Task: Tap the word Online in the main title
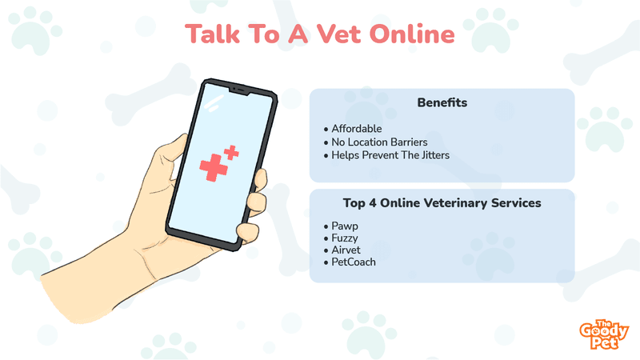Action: coord(412,34)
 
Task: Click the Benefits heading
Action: coord(442,102)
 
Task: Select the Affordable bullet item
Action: coord(356,129)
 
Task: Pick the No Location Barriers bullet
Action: coord(379,142)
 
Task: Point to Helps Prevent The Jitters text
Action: coord(390,155)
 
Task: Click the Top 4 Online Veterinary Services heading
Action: coord(442,203)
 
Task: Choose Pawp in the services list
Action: coord(345,226)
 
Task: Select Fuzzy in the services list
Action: coord(345,238)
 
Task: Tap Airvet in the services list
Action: coord(346,250)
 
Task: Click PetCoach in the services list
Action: coord(354,262)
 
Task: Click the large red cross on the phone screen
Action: coord(213,167)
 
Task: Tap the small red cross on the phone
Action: coord(231,152)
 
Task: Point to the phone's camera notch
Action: coord(239,90)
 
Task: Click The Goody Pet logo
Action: coord(604,334)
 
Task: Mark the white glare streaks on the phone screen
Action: coord(214,104)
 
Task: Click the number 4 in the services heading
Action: coord(372,203)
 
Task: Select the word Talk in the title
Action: coord(212,34)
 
